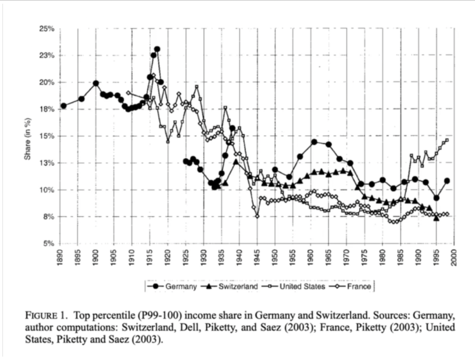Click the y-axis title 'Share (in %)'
click(27, 136)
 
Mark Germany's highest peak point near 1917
click(157, 49)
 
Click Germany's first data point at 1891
click(64, 106)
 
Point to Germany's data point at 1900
click(96, 84)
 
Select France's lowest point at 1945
click(257, 216)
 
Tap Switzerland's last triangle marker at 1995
click(436, 218)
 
